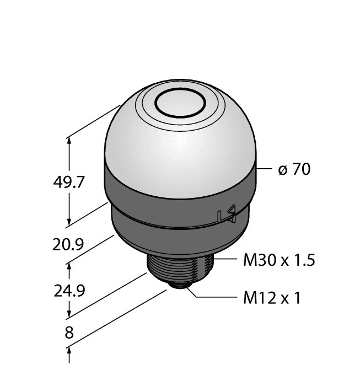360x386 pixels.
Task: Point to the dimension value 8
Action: click(x=69, y=334)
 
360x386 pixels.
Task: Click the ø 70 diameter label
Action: click(x=294, y=169)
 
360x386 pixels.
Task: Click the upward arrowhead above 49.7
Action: click(x=69, y=141)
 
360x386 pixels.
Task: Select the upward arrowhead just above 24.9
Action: click(x=69, y=266)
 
